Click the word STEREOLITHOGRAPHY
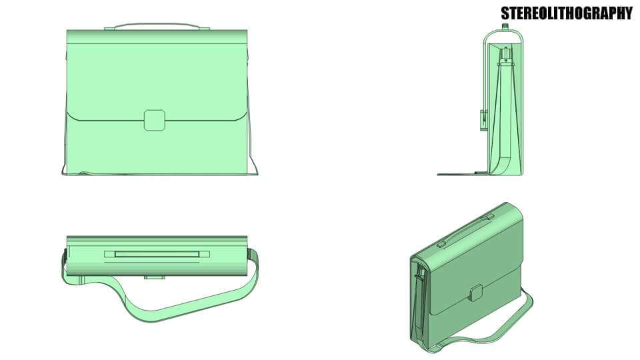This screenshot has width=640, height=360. click(x=566, y=13)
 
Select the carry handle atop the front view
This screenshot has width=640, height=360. click(x=157, y=25)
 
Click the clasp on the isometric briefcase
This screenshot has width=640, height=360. click(x=476, y=292)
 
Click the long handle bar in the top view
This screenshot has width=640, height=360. click(x=157, y=253)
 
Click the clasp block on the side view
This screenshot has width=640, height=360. click(x=482, y=119)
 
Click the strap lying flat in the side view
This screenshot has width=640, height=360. click(x=460, y=174)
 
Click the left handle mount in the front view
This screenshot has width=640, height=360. click(x=109, y=29)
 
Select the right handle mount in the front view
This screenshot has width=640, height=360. click(x=205, y=29)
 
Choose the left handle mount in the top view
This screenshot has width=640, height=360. click(x=109, y=253)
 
